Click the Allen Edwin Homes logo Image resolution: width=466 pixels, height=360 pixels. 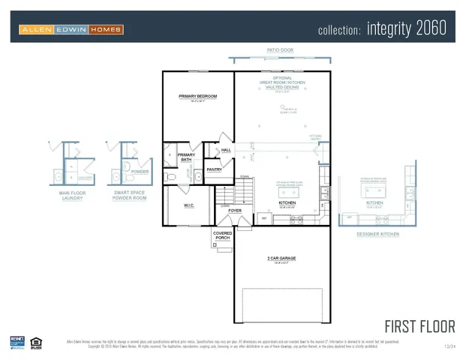[x=71, y=29]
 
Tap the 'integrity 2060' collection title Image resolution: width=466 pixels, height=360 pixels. [x=382, y=28]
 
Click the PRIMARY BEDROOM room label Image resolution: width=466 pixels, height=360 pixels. [x=198, y=96]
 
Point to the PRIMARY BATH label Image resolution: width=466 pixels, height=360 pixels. [x=185, y=157]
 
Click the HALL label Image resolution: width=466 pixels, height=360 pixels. [x=226, y=150]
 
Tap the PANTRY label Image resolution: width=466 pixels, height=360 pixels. [x=214, y=169]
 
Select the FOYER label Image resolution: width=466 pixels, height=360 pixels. [x=235, y=211]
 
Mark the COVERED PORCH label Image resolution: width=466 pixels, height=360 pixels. [x=222, y=235]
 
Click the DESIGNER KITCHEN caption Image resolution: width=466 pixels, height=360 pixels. [x=377, y=234]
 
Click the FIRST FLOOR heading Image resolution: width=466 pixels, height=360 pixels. [x=419, y=326]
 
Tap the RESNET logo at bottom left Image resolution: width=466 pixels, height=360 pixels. [x=17, y=341]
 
